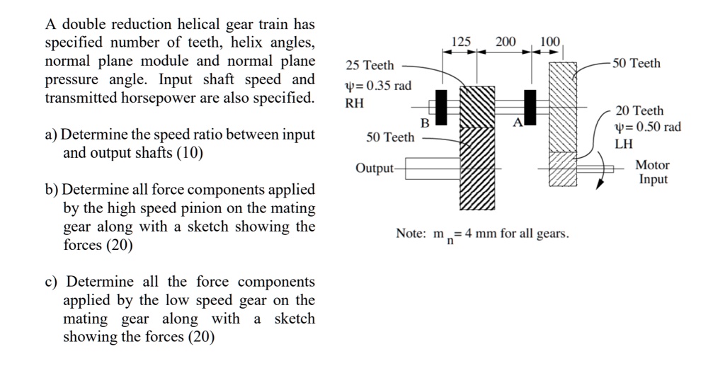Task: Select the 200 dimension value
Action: pyautogui.click(x=506, y=42)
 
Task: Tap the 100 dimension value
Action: pyautogui.click(x=549, y=42)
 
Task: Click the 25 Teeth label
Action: pyautogui.click(x=370, y=66)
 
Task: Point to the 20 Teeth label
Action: pyautogui.click(x=639, y=110)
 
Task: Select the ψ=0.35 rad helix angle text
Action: pyautogui.click(x=378, y=86)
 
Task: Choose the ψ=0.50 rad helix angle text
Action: pyautogui.click(x=648, y=127)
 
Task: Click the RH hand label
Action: pyautogui.click(x=354, y=103)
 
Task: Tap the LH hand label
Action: pyautogui.click(x=624, y=144)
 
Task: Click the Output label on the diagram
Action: pyautogui.click(x=374, y=168)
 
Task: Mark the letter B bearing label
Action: pyautogui.click(x=425, y=123)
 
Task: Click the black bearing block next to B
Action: pyautogui.click(x=441, y=106)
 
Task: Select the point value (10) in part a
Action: pyautogui.click(x=189, y=152)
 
